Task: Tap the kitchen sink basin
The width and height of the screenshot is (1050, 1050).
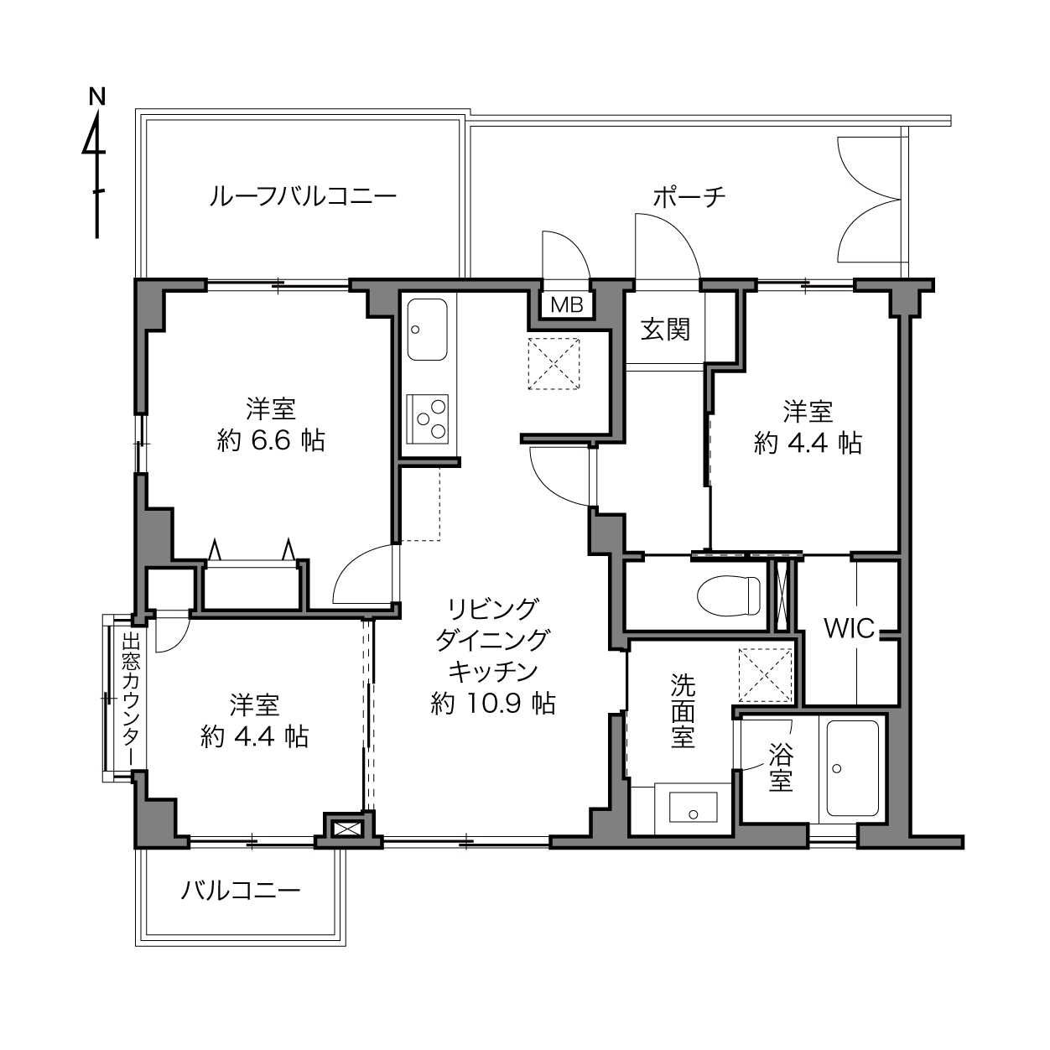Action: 428,329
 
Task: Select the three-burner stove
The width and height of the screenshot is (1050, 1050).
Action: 427,418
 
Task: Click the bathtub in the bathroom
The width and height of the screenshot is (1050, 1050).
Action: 853,767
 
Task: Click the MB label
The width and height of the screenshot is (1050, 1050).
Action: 567,305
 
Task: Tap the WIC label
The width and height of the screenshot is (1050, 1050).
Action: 849,629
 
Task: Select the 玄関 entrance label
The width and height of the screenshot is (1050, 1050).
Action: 665,329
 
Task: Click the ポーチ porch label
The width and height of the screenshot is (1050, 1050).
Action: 689,197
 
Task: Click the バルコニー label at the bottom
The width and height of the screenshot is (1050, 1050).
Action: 241,891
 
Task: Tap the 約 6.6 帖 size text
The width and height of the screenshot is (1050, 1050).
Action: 271,440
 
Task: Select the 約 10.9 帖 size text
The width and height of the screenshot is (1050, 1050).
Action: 493,704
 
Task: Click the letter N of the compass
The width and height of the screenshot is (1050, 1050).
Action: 97,96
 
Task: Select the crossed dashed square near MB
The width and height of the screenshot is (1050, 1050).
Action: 554,364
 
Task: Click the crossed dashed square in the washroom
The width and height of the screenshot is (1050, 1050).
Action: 765,675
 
